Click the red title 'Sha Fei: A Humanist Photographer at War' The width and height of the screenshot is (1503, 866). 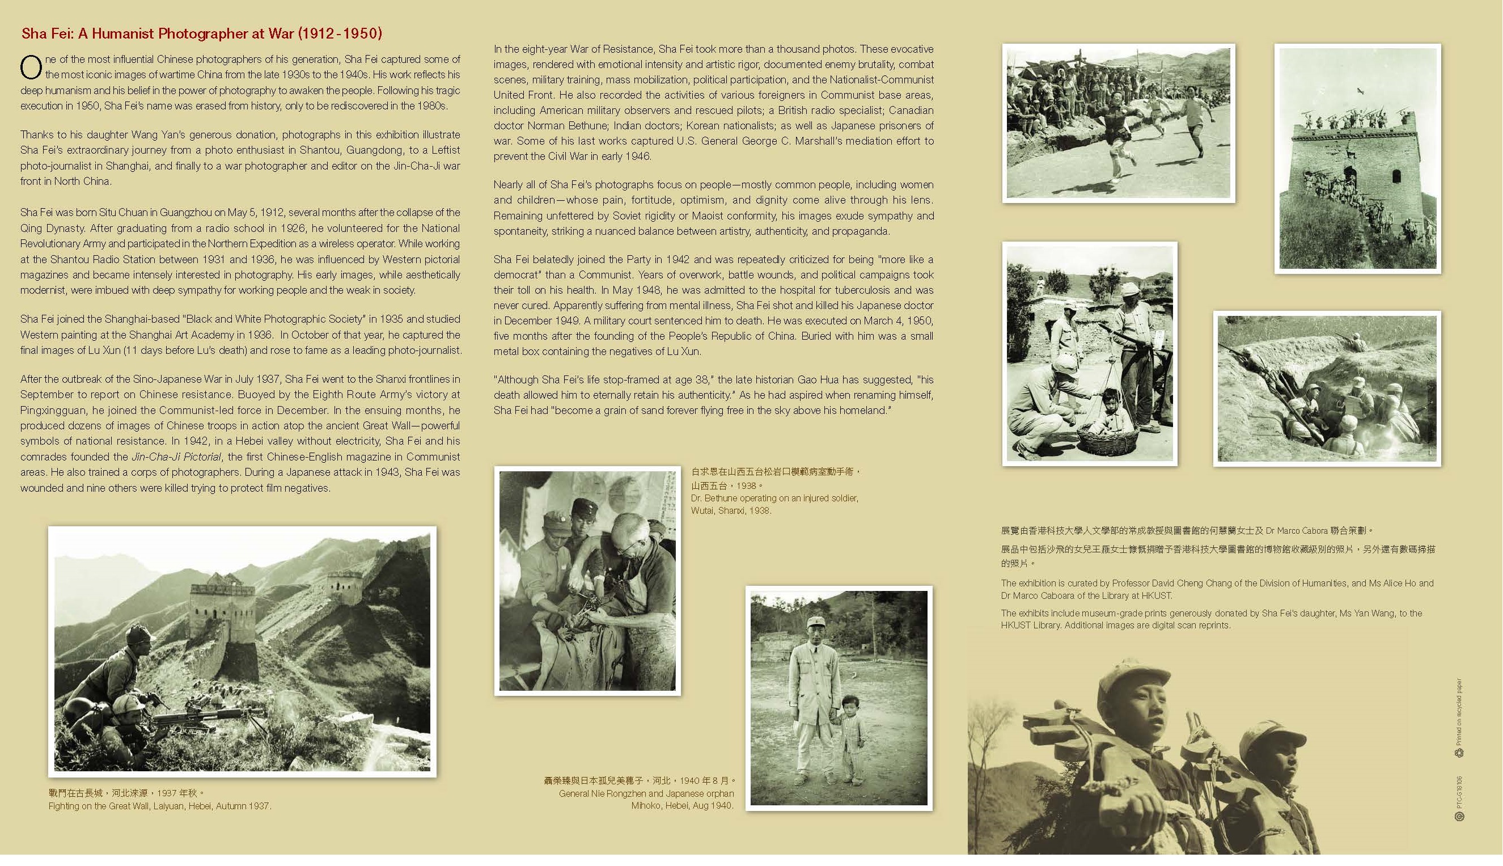pyautogui.click(x=201, y=33)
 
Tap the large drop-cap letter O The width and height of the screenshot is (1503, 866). pyautogui.click(x=31, y=67)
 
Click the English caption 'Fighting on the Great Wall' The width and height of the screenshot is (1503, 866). pyautogui.click(x=159, y=806)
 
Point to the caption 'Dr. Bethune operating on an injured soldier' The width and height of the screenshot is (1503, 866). pyautogui.click(x=774, y=499)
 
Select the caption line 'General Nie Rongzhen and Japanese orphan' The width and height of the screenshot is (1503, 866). pyautogui.click(x=646, y=793)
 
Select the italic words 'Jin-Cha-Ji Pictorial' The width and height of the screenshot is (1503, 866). pyautogui.click(x=176, y=457)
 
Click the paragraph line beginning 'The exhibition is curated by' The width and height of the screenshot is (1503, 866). pyautogui.click(x=1217, y=584)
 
